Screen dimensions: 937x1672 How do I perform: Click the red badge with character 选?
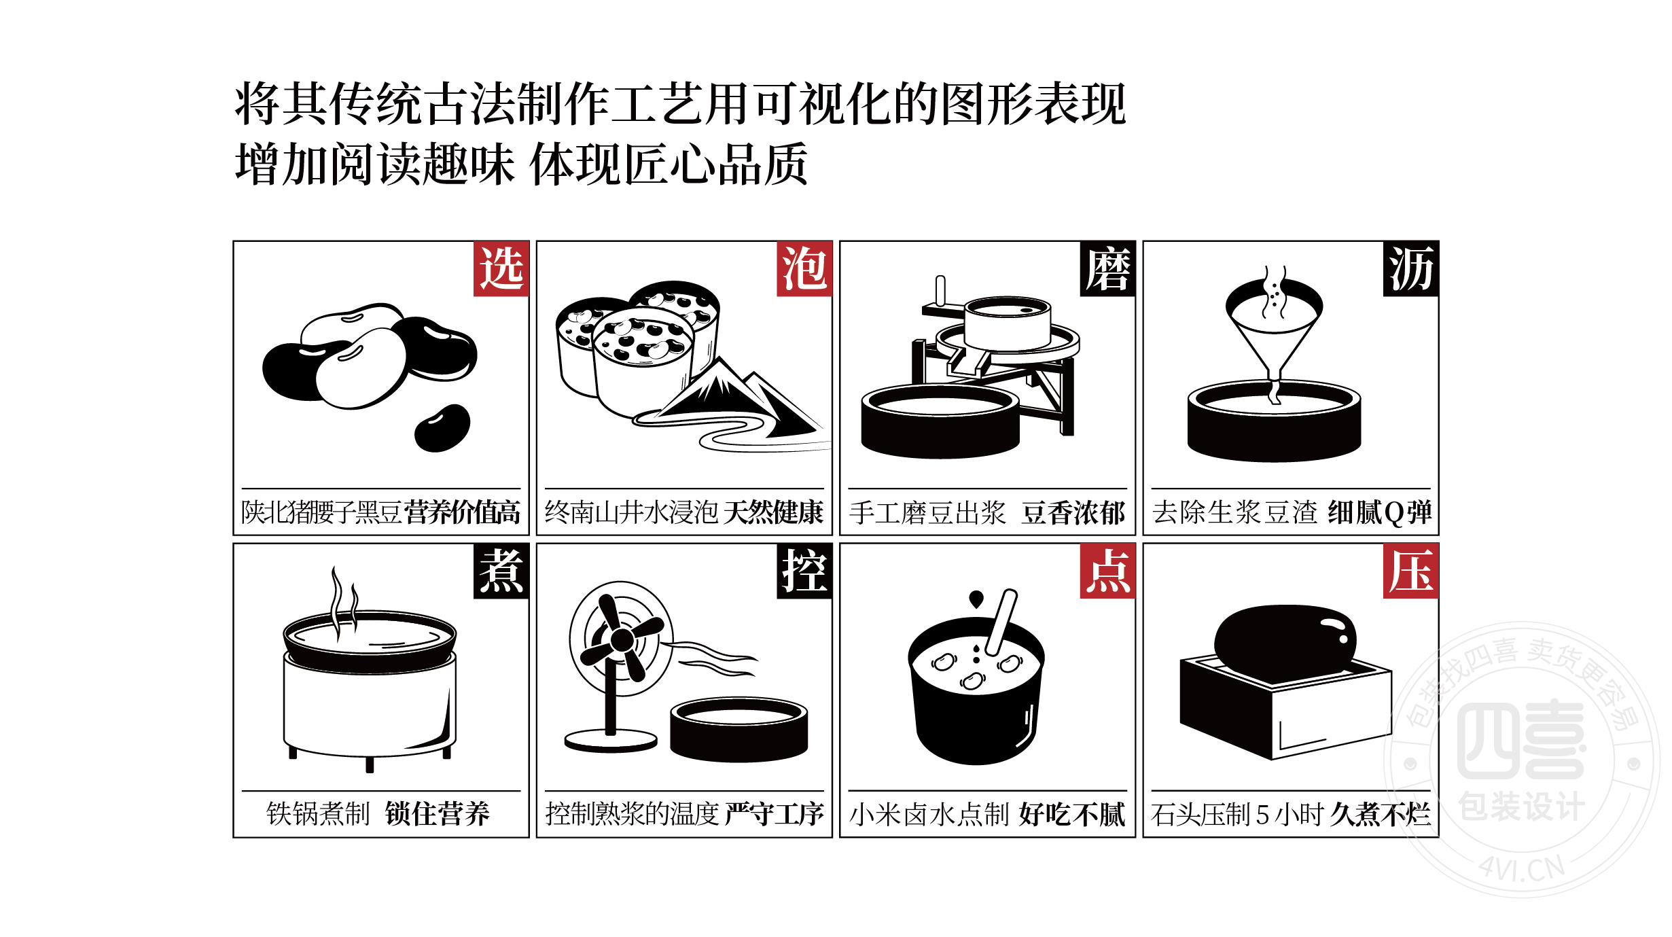click(501, 268)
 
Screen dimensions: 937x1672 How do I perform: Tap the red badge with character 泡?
click(804, 268)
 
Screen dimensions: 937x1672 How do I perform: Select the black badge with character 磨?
click(1107, 268)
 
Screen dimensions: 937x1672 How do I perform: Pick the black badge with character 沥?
click(1410, 268)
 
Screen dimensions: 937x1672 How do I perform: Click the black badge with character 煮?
click(501, 571)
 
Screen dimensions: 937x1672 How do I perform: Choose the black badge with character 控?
click(804, 571)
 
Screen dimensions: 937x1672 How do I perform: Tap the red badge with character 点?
click(1107, 571)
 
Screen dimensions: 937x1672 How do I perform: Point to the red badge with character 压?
click(1410, 571)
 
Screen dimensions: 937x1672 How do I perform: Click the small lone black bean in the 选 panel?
click(442, 428)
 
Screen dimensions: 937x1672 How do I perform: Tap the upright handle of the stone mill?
click(940, 291)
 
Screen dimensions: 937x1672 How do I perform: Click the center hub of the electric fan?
click(622, 639)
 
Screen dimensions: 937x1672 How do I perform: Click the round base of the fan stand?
click(611, 741)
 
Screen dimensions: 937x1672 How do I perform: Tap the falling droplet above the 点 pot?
click(976, 599)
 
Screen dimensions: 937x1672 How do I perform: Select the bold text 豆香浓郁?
click(1073, 512)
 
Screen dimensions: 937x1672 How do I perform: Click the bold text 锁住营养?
click(437, 814)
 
